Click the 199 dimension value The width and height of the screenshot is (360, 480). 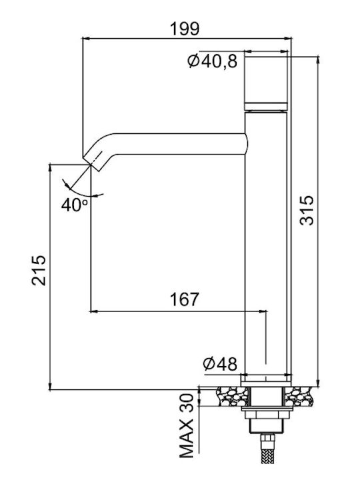coord(185,29)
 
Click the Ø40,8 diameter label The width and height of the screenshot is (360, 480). coord(213,61)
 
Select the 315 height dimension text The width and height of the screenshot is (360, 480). coord(307,210)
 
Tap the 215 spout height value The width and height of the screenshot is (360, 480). coord(39,270)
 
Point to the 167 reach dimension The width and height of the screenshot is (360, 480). coord(184,299)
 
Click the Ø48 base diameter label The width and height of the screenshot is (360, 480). coord(220,364)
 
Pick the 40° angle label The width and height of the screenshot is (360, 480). coord(75,205)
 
